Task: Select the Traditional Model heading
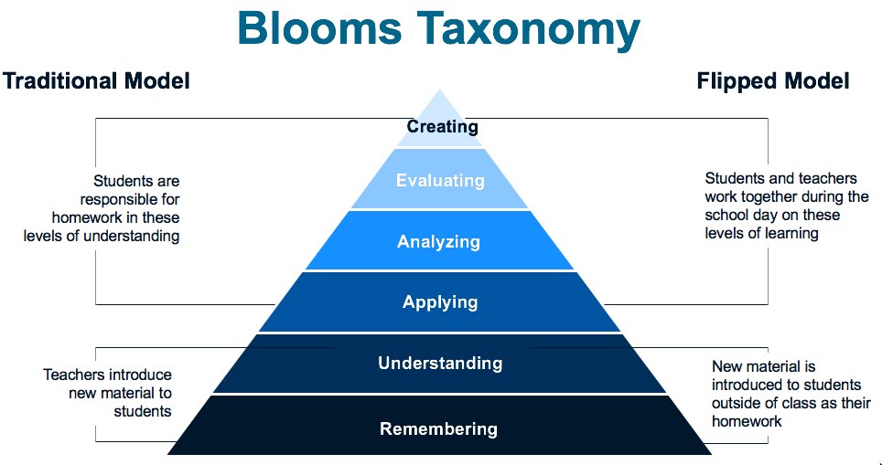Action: click(96, 80)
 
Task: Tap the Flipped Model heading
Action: click(773, 80)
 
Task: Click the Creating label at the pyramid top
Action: click(443, 126)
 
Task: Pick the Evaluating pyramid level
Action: click(440, 180)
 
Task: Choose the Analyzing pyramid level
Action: click(438, 242)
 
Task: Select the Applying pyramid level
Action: click(440, 302)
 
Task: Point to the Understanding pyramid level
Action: click(440, 363)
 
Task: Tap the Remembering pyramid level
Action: click(438, 428)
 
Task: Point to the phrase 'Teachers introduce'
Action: click(108, 375)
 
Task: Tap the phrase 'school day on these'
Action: click(772, 215)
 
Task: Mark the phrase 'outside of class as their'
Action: click(791, 403)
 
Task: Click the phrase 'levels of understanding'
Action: click(102, 236)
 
